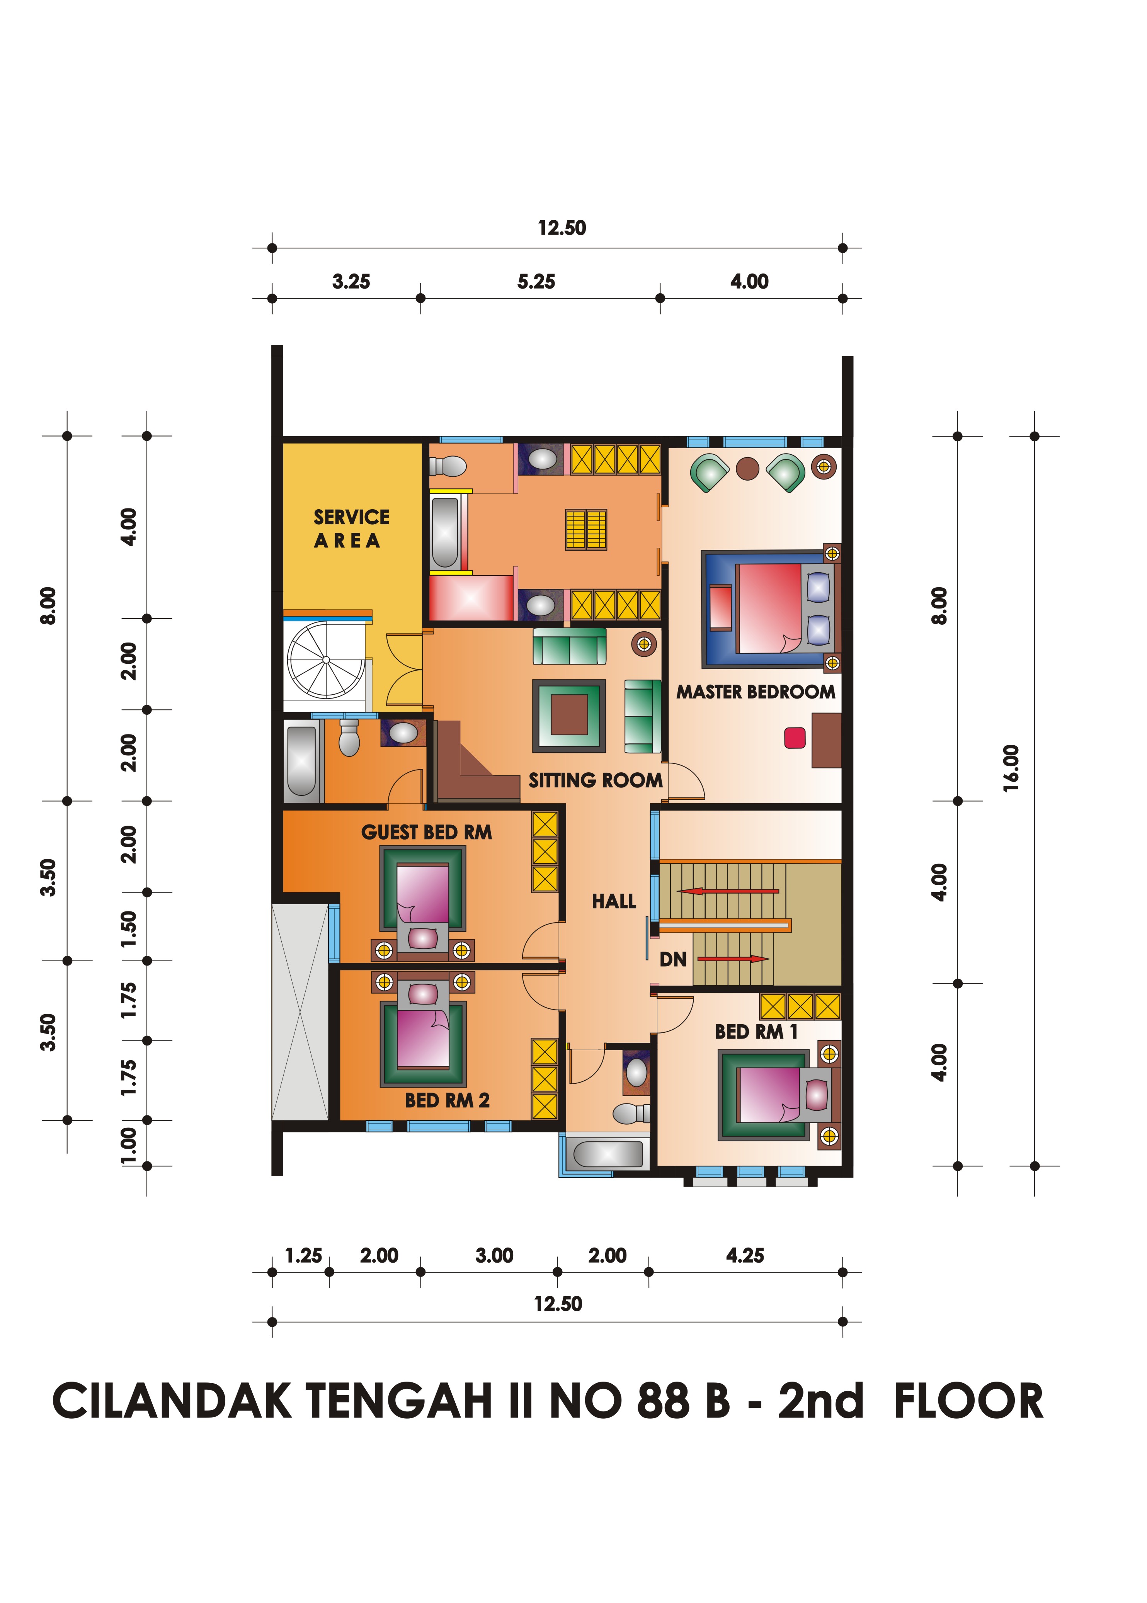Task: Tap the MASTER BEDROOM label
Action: [x=756, y=692]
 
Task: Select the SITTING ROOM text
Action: [x=596, y=780]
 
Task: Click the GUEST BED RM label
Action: [x=427, y=833]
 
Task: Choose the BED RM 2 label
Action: [x=447, y=1100]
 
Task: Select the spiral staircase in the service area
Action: [x=326, y=660]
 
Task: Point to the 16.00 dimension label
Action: [x=1011, y=768]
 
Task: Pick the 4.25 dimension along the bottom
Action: [x=745, y=1256]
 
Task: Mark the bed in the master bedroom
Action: [x=770, y=609]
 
